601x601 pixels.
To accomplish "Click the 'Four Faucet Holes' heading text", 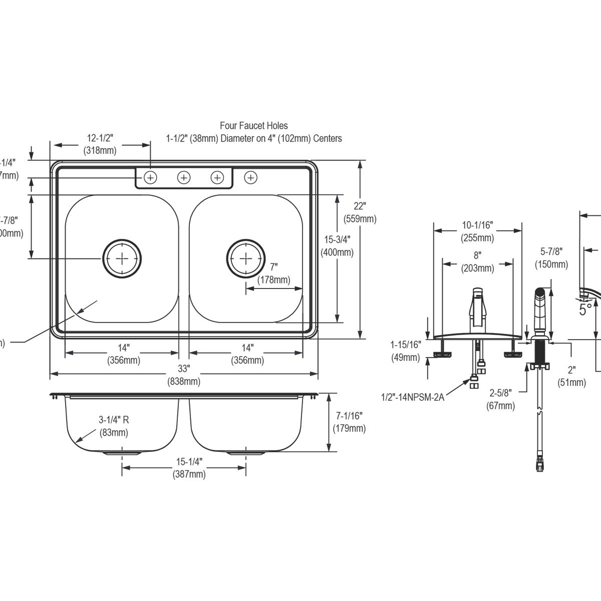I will click(254, 126).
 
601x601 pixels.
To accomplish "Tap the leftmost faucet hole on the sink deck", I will click(150, 177).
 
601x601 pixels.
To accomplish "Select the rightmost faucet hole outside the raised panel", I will click(251, 177).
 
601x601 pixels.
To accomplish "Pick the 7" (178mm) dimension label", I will click(273, 273).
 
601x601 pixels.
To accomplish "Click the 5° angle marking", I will click(585, 309).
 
